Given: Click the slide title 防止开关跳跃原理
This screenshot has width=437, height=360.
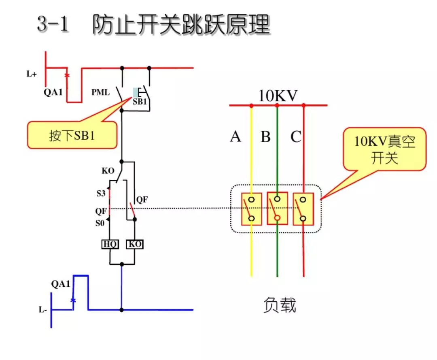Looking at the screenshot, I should tap(181, 25).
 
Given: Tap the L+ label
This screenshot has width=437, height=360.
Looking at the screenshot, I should tap(32, 74).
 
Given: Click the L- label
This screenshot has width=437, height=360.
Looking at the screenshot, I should tap(43, 310).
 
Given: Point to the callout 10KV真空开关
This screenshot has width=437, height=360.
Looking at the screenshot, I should tap(384, 149).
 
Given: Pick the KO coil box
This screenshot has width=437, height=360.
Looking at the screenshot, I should tap(135, 245).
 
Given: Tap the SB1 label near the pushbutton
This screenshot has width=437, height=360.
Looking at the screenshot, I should tap(140, 102).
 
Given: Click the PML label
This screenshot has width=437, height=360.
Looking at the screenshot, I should tap(100, 93).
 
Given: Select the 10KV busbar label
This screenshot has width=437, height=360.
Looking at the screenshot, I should tap(278, 96).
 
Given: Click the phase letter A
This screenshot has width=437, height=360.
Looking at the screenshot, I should tap(235, 137).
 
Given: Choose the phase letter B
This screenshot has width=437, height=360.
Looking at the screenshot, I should tap(265, 137).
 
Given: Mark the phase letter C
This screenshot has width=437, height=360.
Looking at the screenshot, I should tap(296, 137).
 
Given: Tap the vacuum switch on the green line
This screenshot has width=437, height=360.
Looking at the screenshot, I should tap(277, 209).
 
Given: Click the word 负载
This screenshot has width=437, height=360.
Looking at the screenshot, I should tap(279, 305).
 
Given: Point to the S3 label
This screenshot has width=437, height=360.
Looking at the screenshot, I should tap(101, 194).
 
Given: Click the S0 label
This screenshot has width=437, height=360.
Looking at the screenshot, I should tap(100, 223).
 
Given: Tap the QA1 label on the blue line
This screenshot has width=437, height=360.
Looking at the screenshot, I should tap(61, 284).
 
